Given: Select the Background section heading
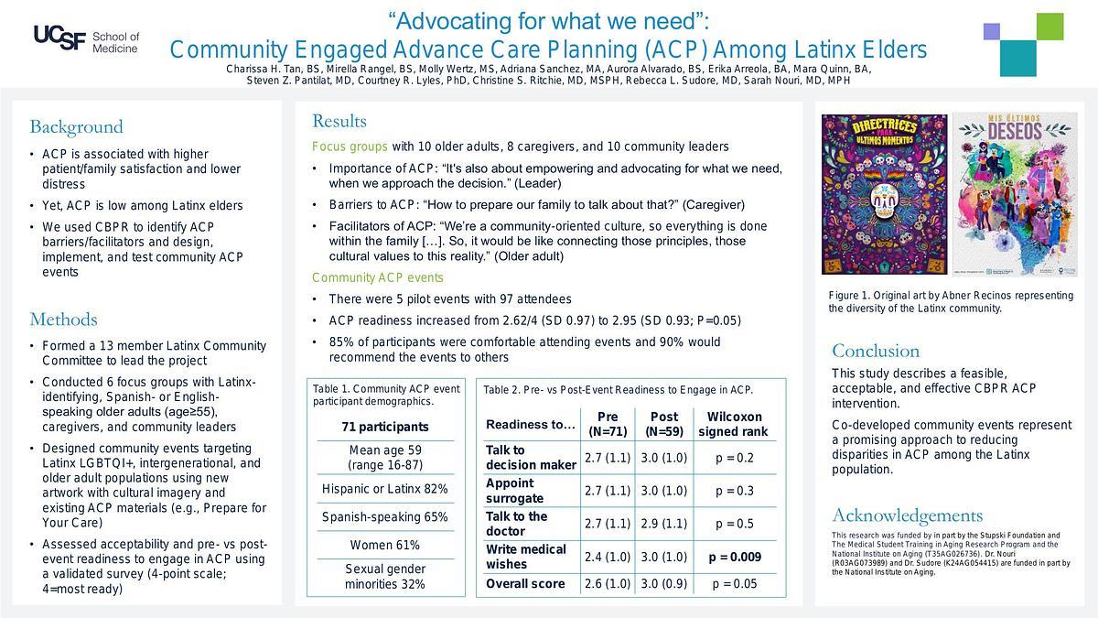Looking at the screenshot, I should coord(76,126).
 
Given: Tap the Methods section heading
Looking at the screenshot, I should coord(63,319).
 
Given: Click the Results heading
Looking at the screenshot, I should coord(339,121).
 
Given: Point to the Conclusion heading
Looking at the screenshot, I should coord(876,351).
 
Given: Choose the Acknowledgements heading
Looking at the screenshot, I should coord(907,515).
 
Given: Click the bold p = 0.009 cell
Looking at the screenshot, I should coord(734,557).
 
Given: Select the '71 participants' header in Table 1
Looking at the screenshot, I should coord(385,427).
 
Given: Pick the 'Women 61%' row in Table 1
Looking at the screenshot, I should coord(385,545).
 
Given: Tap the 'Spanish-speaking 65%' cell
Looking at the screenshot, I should coord(385,517).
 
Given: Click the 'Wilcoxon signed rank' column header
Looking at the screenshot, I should coord(733,424).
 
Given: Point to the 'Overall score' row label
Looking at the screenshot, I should coord(525,583).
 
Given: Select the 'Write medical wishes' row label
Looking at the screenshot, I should coord(526,557).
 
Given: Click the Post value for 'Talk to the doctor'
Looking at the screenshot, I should coord(664,524).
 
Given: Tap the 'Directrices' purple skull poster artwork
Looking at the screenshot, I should coord(884,194).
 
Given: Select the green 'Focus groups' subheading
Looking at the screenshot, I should coord(350,146).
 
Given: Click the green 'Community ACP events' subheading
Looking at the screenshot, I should coord(377,277).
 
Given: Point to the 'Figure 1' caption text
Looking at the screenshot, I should coord(951,301).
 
